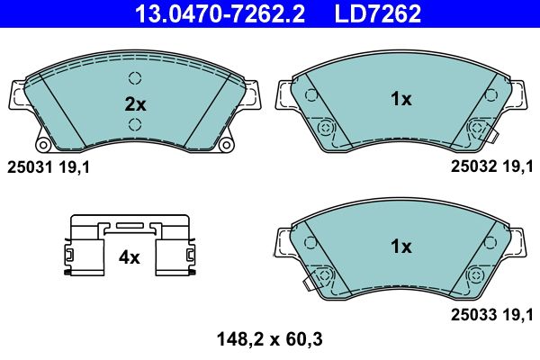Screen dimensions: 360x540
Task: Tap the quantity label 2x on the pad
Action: click(x=135, y=103)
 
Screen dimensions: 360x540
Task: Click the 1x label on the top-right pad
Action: click(x=400, y=100)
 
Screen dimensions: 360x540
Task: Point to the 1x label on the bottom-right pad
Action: click(x=400, y=246)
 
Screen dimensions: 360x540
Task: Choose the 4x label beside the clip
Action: click(x=130, y=257)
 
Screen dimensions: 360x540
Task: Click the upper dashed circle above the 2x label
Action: click(x=135, y=78)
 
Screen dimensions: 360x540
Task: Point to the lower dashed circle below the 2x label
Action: click(x=135, y=124)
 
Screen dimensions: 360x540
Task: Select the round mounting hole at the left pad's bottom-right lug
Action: click(x=226, y=144)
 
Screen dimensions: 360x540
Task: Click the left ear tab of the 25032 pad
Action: click(x=284, y=96)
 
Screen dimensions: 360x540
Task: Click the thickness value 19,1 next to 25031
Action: click(x=76, y=166)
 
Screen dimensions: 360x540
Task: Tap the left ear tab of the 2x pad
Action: click(x=18, y=94)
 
